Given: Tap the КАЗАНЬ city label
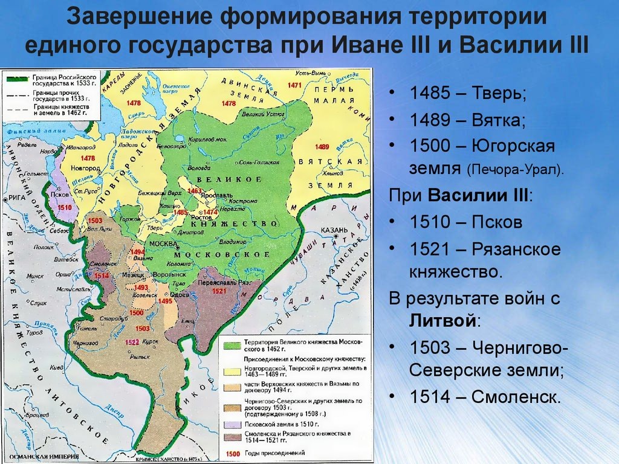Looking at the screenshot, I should pos(334,230).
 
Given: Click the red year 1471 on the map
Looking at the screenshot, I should pos(294,85).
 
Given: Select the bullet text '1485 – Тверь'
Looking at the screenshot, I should pos(468,94).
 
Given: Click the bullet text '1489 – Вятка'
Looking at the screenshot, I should pos(467,120).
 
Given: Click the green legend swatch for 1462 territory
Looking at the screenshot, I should pos(233,345).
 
